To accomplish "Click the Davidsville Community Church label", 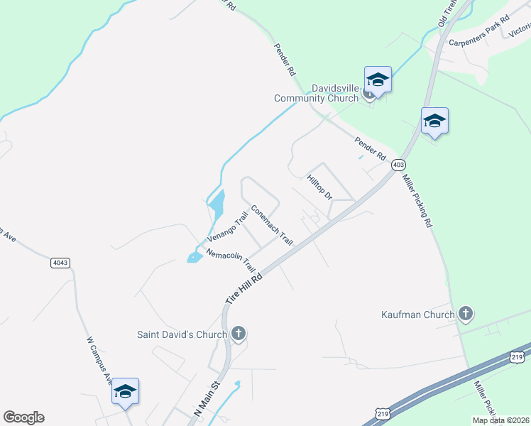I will coord(316,93).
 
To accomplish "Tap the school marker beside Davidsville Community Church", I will coord(378,80).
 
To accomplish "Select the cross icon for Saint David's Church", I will coord(239,333).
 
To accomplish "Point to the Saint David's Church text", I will coord(182,334).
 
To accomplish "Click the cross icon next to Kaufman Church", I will coord(466,314).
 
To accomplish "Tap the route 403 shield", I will coord(398,165).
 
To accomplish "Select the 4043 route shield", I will coord(60,263).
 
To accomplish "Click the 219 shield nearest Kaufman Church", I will coord(518,356).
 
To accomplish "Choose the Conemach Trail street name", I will coord(272,225).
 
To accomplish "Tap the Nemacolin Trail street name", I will coord(231,260).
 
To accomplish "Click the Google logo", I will coord(23,417).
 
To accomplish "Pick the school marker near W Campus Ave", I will coord(125,391).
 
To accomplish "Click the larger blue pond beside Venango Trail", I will coord(217,206).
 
